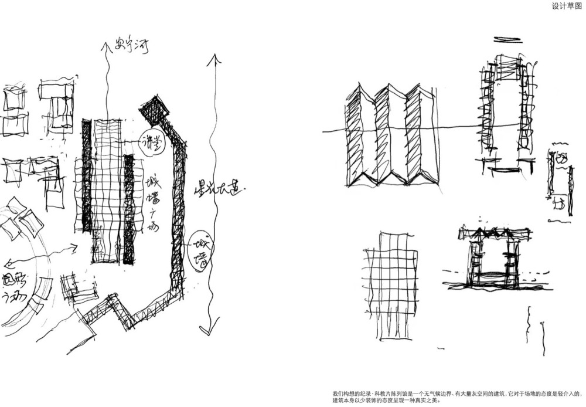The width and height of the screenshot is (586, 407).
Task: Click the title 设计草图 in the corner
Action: [566, 6]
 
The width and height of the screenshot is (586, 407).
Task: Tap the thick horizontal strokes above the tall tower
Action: [507, 40]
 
